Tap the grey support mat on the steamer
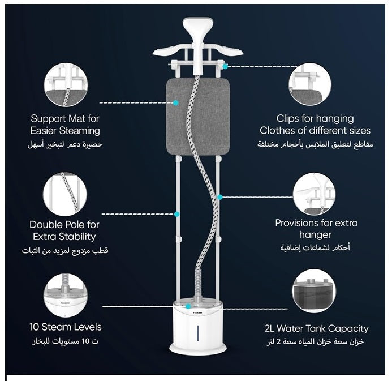click(198, 117)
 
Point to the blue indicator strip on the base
click(198, 333)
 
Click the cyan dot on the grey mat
click(176, 102)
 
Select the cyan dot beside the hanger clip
click(225, 66)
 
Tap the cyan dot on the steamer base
click(188, 306)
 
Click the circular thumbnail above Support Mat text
click(66, 84)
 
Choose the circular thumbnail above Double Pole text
click(65, 194)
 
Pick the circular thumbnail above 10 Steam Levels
click(66, 295)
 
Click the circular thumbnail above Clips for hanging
click(310, 84)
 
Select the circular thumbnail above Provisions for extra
click(314, 194)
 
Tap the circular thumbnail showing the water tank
click(314, 291)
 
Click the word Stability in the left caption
click(77, 237)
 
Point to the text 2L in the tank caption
click(269, 328)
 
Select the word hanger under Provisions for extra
click(315, 234)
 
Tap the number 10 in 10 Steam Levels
click(34, 327)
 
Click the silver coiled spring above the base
click(198, 285)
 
